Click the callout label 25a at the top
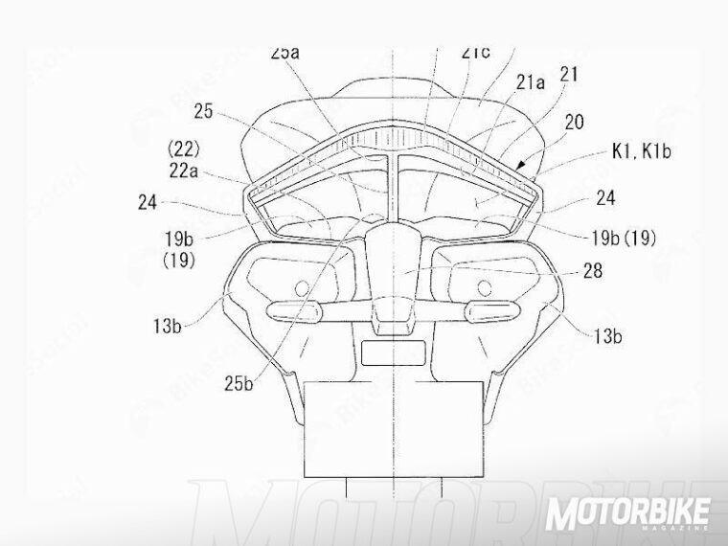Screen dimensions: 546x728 tap(285, 54)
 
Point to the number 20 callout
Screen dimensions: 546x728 tap(574, 124)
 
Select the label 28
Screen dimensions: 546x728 tap(593, 272)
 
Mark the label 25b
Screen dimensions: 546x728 tap(239, 383)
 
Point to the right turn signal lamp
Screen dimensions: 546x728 tap(488, 309)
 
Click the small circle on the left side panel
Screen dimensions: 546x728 tap(303, 286)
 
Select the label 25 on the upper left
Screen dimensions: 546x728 tap(203, 112)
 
